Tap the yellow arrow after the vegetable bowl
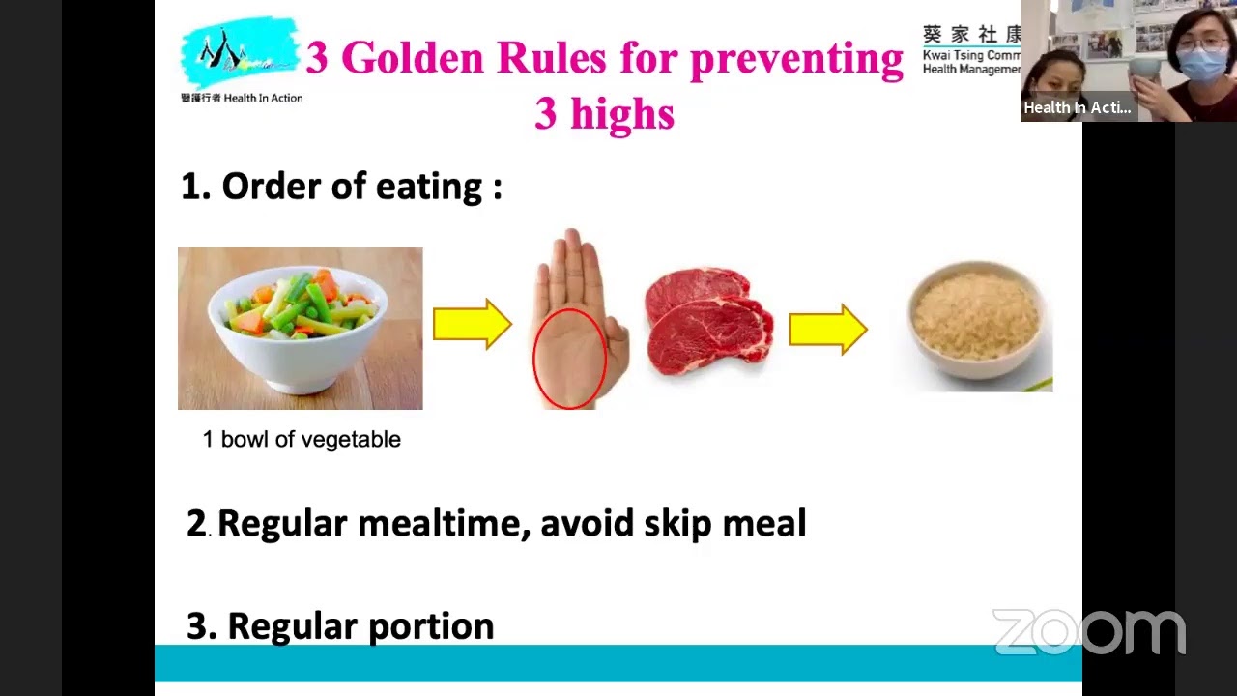tap(472, 324)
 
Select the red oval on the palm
tap(569, 357)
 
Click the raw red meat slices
tap(708, 321)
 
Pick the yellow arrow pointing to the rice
tap(827, 329)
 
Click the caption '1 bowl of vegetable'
tap(302, 440)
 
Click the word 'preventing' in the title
tap(795, 58)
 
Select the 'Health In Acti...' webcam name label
tap(1077, 107)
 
